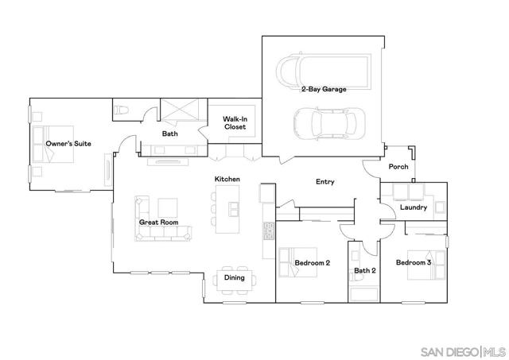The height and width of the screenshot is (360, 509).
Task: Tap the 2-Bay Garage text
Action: [x=323, y=90]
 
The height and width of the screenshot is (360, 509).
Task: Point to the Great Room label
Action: [x=158, y=223]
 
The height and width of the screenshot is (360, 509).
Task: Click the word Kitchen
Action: [x=227, y=180]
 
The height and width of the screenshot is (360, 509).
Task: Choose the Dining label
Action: [x=234, y=277]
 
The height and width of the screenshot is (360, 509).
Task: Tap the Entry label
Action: [x=324, y=182]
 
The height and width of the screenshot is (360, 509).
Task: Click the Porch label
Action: [x=398, y=167]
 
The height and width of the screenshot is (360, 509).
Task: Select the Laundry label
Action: [x=414, y=207]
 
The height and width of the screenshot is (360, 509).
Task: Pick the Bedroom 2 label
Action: [x=312, y=262]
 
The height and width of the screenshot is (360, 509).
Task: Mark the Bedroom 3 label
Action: [x=414, y=262]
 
